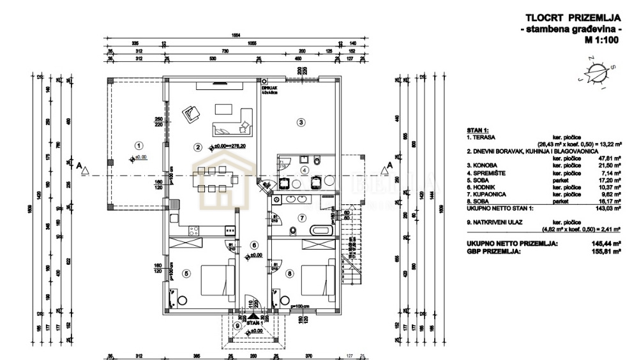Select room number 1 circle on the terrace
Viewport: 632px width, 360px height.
(138, 144)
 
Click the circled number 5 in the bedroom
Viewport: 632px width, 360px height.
(186, 274)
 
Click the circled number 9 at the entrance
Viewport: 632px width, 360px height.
(237, 326)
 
